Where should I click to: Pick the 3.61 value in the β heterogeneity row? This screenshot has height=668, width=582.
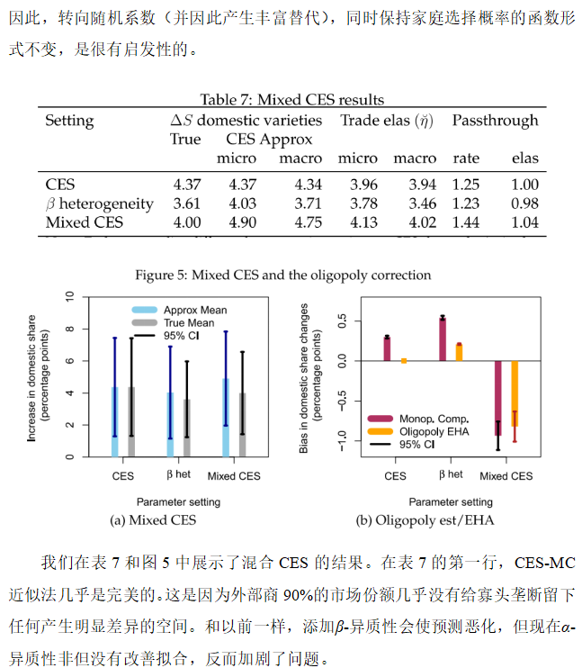pyautogui.click(x=185, y=203)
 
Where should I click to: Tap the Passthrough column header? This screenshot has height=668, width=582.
pyautogui.click(x=495, y=121)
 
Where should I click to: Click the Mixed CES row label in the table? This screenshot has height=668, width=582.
pyautogui.click(x=85, y=222)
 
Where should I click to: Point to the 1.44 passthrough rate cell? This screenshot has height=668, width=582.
pyautogui.click(x=466, y=222)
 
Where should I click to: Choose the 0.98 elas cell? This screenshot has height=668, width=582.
pyautogui.click(x=524, y=203)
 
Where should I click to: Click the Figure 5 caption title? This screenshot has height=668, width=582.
pyautogui.click(x=282, y=275)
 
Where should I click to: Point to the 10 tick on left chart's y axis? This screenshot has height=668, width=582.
pyautogui.click(x=68, y=296)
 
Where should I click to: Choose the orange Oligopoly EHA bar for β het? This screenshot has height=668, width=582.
pyautogui.click(x=459, y=352)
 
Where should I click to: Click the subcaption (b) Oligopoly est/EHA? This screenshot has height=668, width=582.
pyautogui.click(x=414, y=519)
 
